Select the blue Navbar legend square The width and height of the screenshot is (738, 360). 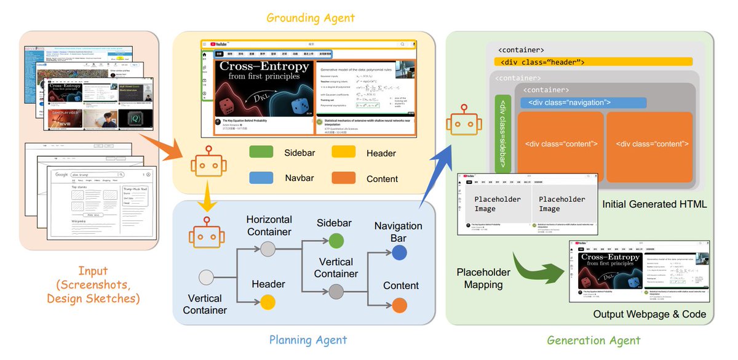point(261,178)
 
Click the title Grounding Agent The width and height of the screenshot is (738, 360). point(311,17)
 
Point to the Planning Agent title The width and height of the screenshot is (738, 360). point(308,340)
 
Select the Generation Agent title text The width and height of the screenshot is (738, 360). point(593,340)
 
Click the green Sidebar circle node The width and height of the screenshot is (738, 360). point(336,241)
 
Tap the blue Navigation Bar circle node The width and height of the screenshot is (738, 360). point(399,252)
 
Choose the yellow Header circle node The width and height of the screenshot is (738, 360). point(268,302)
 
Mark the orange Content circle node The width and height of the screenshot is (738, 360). point(400,305)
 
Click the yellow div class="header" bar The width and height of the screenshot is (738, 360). point(593,62)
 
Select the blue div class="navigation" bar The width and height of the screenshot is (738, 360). point(583,102)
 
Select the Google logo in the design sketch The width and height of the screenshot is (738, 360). point(61,174)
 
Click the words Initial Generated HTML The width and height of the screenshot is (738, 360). point(654,204)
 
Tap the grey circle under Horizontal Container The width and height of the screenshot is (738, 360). point(268,249)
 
